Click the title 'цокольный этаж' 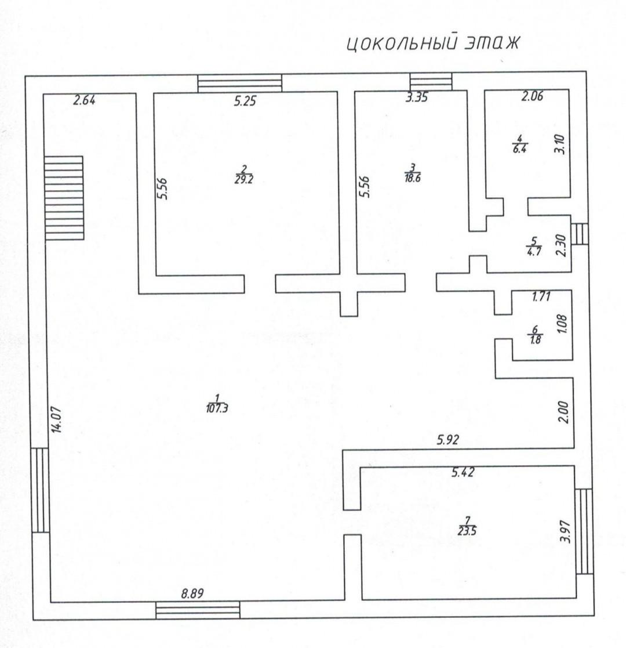(x=432, y=44)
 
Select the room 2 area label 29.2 (x=243, y=180)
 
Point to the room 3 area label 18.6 (x=413, y=178)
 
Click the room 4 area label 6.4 (x=519, y=149)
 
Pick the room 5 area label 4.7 (x=534, y=251)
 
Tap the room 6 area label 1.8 (x=535, y=340)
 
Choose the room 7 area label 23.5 (x=467, y=531)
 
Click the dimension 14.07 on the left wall (x=57, y=419)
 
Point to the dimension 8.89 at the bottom (x=192, y=593)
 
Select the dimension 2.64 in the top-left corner (x=84, y=100)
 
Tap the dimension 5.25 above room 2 (x=245, y=101)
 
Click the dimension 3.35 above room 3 (x=416, y=97)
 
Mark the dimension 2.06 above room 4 (x=532, y=96)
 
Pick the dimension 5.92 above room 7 (x=447, y=439)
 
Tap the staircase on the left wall (x=64, y=198)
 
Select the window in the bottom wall (x=198, y=610)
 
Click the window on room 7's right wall (x=584, y=531)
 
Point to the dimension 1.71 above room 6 (x=541, y=296)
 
